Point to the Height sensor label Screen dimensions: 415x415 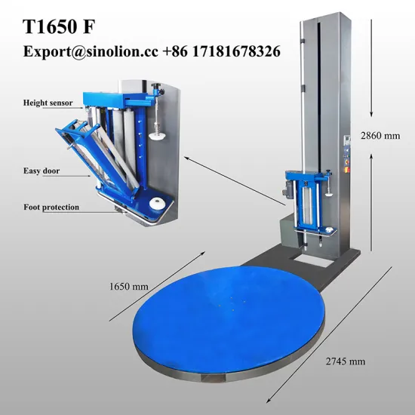(47, 102)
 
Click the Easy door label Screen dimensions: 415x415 (41, 171)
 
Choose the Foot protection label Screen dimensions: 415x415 (51, 207)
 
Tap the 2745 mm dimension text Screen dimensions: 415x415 (344, 361)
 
